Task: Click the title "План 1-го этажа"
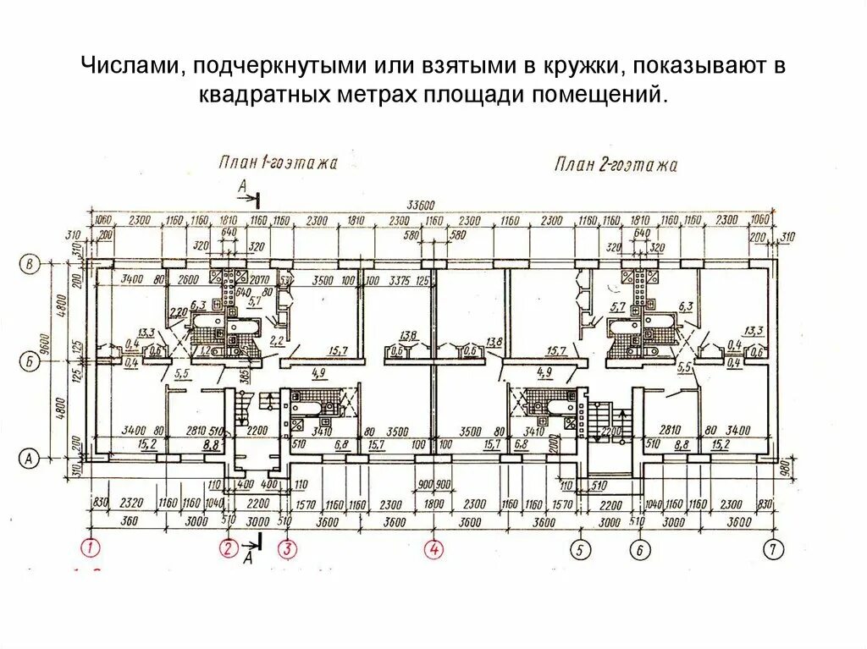[x=277, y=162]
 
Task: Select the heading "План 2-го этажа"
[x=616, y=164]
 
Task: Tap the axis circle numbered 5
[x=580, y=549]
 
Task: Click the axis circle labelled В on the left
[x=30, y=265]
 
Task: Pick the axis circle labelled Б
[x=30, y=362]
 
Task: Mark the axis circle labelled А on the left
[x=30, y=458]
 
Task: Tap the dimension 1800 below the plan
[x=433, y=503]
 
